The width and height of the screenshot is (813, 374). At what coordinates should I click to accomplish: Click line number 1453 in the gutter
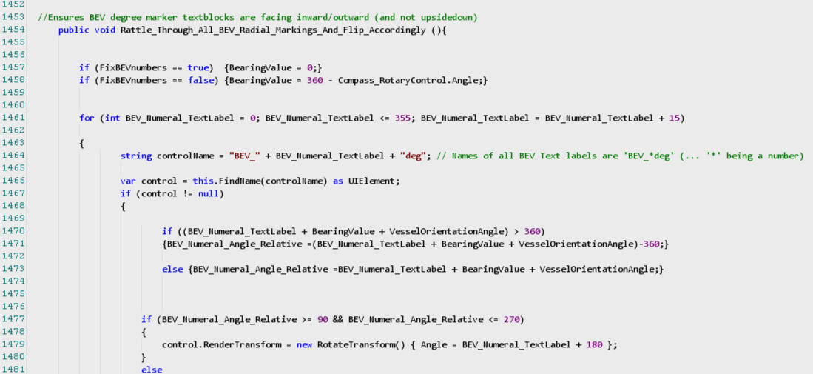(13, 17)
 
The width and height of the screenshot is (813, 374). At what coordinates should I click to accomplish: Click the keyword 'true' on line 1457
(199, 67)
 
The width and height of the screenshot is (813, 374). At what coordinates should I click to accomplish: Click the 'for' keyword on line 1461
(87, 118)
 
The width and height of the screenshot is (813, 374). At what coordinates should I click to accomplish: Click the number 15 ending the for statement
(675, 118)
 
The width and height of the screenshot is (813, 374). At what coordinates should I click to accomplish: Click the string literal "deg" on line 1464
(412, 156)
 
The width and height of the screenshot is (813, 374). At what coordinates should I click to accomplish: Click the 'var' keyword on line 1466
(128, 181)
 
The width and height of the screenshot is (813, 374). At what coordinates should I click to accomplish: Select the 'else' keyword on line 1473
(174, 269)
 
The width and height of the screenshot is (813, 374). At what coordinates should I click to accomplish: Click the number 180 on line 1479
(594, 344)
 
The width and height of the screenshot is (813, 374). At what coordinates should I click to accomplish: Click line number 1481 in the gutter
(13, 370)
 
